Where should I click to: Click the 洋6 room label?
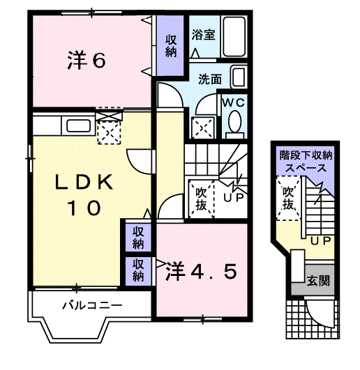click(x=87, y=61)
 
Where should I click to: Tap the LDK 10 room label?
click(x=84, y=194)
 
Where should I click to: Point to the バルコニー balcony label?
click(x=92, y=305)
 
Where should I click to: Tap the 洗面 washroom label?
click(x=209, y=79)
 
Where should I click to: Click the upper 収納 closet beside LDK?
click(x=138, y=237)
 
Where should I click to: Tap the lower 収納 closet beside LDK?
click(x=138, y=270)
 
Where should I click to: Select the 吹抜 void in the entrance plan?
click(x=287, y=197)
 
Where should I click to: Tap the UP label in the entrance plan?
click(x=320, y=241)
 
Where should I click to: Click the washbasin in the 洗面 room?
click(x=239, y=77)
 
